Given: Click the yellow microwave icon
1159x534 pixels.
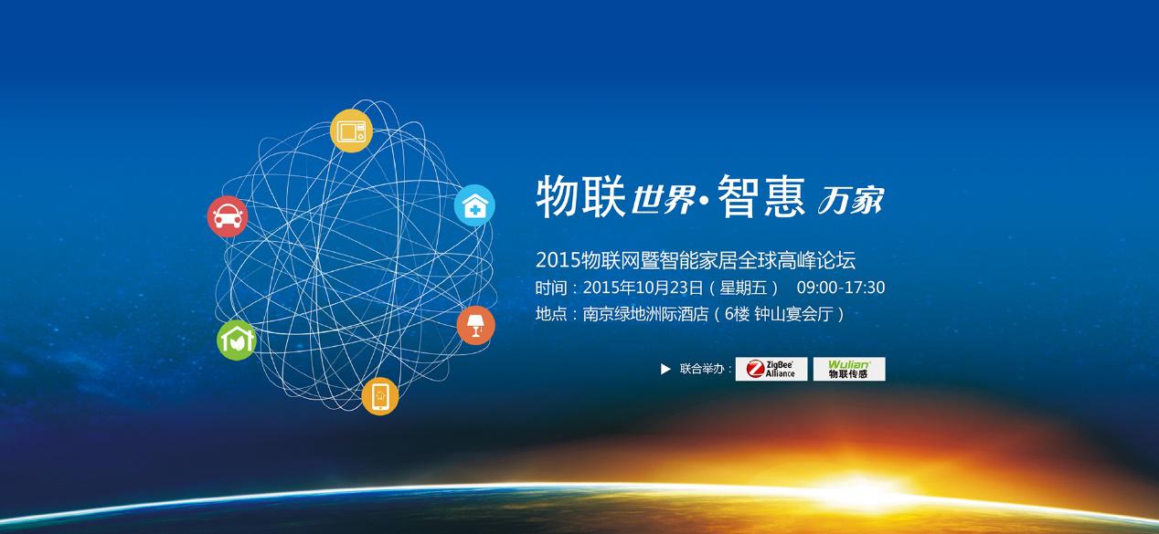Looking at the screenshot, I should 351,130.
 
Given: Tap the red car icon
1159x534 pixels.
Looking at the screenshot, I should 227,216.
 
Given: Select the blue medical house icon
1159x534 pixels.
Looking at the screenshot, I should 474,205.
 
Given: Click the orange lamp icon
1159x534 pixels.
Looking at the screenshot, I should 475,324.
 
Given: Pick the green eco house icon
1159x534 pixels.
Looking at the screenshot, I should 236,339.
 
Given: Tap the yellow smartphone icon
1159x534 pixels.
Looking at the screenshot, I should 380,396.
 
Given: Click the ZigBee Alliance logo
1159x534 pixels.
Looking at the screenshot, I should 771,369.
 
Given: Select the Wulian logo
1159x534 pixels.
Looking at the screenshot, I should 849,369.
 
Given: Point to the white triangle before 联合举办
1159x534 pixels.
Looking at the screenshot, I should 665,369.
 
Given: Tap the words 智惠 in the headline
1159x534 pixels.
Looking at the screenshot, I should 760,195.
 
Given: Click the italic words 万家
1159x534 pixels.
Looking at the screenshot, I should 850,200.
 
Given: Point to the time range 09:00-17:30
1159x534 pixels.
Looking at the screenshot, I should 841,288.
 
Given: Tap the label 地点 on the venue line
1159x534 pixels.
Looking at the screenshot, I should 550,315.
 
